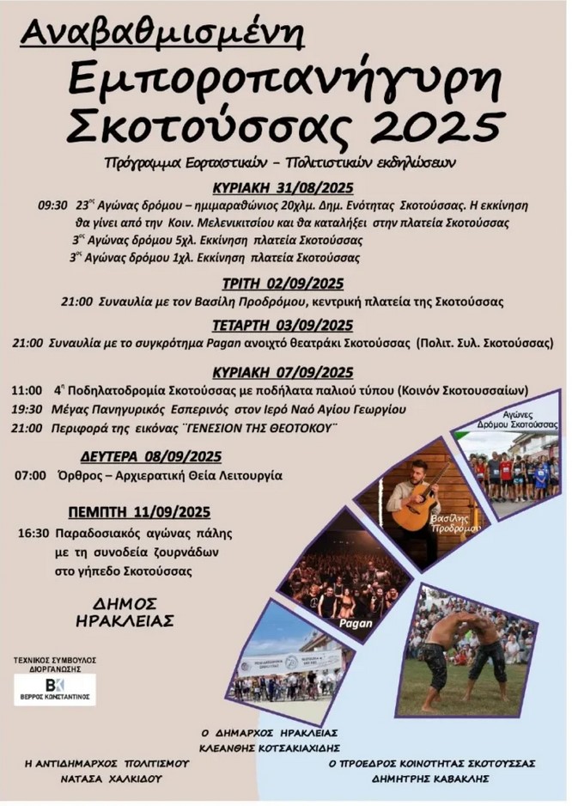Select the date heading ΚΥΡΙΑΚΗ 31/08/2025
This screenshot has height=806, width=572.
[x=283, y=188]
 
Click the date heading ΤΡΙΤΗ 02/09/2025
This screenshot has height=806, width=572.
[x=283, y=284]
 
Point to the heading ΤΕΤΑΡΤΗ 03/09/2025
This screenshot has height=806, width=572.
[x=283, y=325]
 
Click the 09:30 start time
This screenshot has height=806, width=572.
[x=52, y=206]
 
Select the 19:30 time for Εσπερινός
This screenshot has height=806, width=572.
[x=28, y=409]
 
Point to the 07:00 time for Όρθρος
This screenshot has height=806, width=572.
[x=30, y=475]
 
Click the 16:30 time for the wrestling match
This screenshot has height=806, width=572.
[x=32, y=533]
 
